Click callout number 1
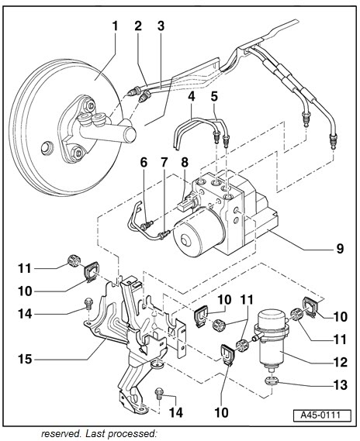115,26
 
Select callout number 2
137,26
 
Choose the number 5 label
214,98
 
